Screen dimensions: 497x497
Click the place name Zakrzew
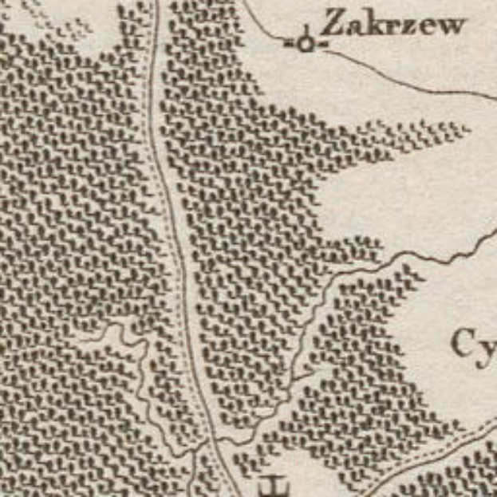394,24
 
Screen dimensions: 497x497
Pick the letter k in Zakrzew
376,24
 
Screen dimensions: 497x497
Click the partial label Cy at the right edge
475,345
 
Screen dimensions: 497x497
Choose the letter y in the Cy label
487,351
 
